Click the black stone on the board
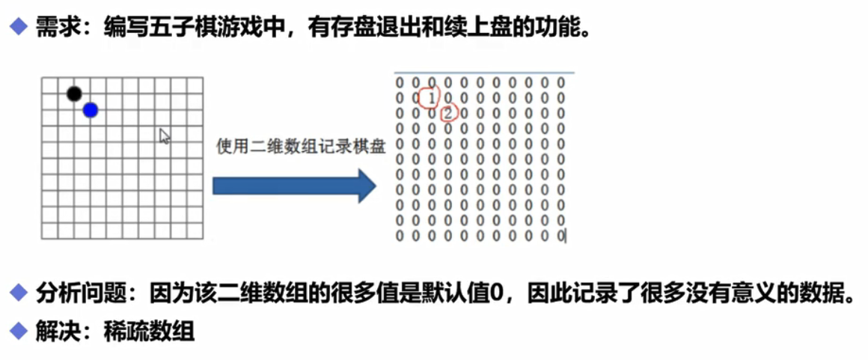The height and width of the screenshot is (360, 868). pos(73,94)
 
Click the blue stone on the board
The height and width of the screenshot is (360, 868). pos(91,110)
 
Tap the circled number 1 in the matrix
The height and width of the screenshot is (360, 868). pos(430,97)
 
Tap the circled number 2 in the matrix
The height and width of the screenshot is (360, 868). pos(447,113)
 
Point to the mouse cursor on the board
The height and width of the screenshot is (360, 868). pos(165,135)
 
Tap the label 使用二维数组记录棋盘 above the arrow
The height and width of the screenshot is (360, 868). pos(301,146)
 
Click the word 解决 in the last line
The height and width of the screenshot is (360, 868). pos(52,331)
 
